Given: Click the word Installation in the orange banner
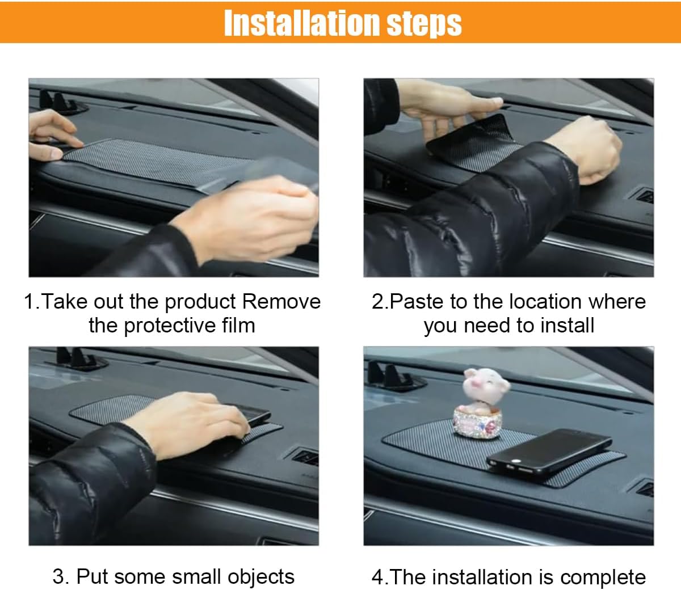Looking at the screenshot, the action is point(301,23).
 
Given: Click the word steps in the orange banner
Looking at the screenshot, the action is point(424,25).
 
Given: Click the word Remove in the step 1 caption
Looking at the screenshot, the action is point(281,301).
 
